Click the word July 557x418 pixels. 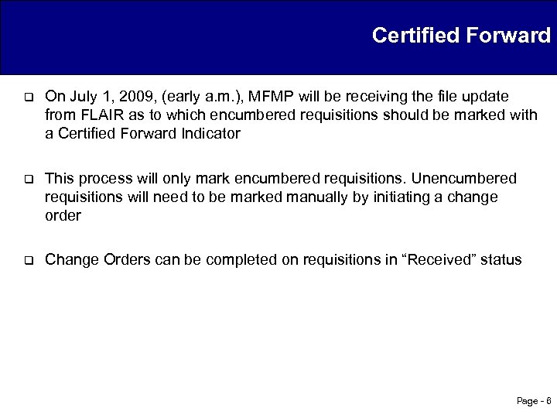[82, 97]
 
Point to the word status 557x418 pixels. [501, 260]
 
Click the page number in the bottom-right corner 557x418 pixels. [533, 401]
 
